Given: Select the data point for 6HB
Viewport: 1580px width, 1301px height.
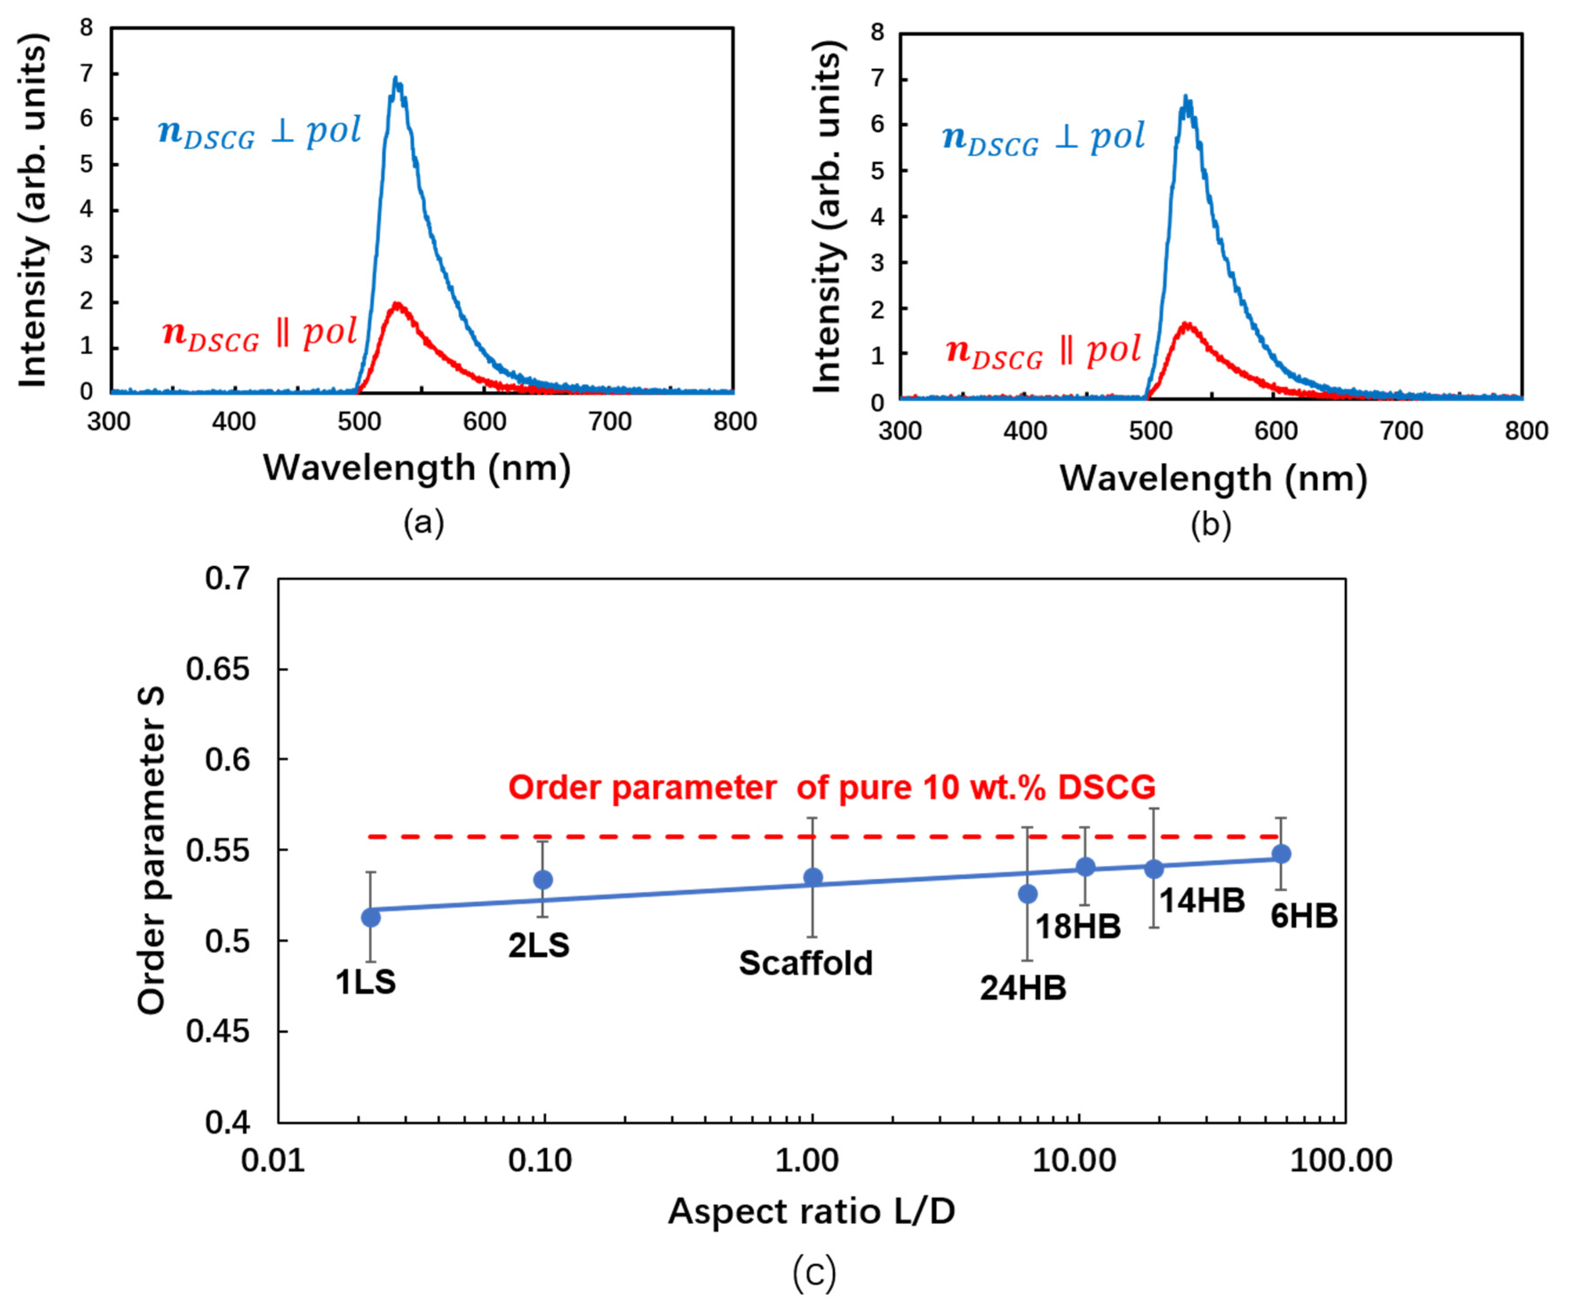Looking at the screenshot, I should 1282,854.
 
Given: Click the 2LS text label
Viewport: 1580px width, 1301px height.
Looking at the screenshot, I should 539,946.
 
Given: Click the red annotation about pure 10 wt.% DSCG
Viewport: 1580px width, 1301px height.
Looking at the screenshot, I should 832,788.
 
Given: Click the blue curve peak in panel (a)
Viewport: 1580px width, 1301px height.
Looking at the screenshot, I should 396,79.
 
